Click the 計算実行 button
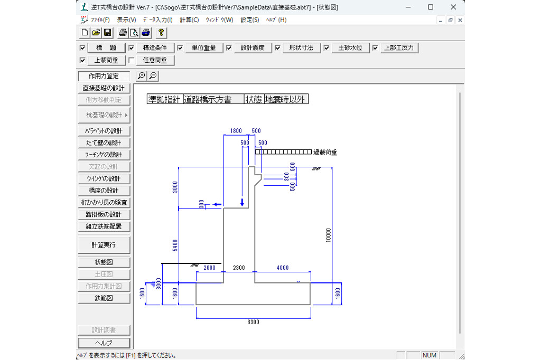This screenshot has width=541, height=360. pyautogui.click(x=103, y=245)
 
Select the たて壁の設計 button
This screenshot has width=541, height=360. pyautogui.click(x=103, y=143)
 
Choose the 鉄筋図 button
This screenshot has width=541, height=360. pyautogui.click(x=103, y=298)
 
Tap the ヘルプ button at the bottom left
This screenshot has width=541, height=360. pyautogui.click(x=103, y=343)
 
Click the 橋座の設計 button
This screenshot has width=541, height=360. pyautogui.click(x=103, y=191)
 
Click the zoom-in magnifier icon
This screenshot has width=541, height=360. pyautogui.click(x=141, y=76)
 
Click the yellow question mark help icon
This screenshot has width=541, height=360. pyautogui.click(x=161, y=33)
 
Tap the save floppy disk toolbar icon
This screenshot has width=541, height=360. pyautogui.click(x=107, y=33)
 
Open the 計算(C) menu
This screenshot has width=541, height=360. pyautogui.click(x=189, y=20)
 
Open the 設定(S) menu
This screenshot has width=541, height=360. pyautogui.click(x=249, y=20)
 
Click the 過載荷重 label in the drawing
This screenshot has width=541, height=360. pyautogui.click(x=325, y=153)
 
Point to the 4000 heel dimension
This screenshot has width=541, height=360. pyautogui.click(x=283, y=268)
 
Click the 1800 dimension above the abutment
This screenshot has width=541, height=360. pyautogui.click(x=236, y=131)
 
